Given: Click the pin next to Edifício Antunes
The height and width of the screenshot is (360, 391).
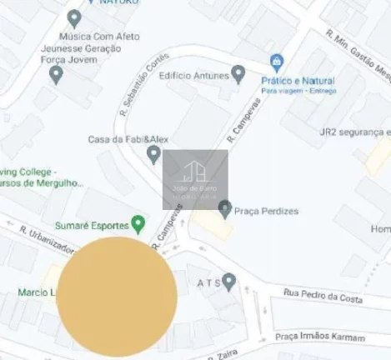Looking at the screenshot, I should click(x=238, y=76).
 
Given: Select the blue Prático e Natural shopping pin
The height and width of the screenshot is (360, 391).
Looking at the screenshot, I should click(x=277, y=62).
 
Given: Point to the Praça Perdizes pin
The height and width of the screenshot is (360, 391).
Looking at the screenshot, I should click(x=224, y=208).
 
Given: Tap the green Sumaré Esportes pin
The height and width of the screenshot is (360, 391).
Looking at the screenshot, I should click(x=138, y=224).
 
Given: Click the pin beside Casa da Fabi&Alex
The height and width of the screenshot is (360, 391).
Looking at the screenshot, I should click(x=153, y=154).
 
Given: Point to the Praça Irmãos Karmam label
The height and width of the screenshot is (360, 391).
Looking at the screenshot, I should click(x=321, y=337).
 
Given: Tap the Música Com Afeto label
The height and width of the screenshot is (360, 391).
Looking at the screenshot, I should click(x=98, y=37).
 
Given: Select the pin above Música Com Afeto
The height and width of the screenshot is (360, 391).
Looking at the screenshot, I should click(x=74, y=17).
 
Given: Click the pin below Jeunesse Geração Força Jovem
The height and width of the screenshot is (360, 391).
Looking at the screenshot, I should click(x=57, y=75).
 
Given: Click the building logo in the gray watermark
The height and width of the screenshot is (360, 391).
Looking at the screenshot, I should click(x=195, y=173).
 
